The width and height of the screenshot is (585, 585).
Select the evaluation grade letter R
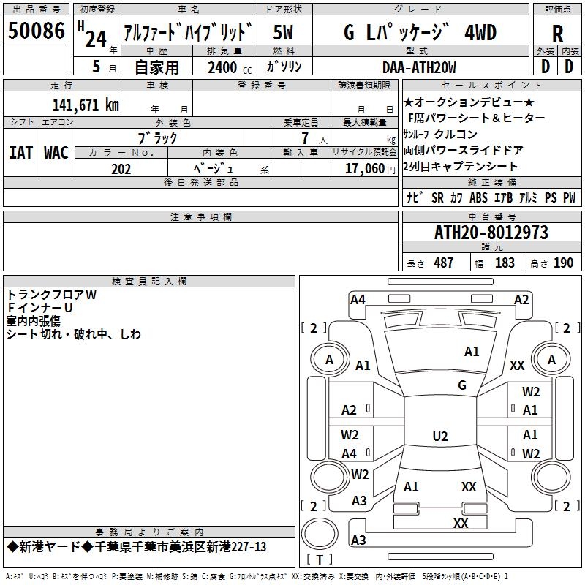[557, 34]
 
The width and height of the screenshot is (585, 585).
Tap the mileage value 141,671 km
[86, 105]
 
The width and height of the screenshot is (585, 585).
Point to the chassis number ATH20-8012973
[491, 233]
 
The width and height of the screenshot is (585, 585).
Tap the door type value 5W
[284, 33]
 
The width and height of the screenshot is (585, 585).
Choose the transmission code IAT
[20, 153]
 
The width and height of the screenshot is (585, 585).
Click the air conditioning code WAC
[56, 153]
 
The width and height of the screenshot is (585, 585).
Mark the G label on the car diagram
[462, 385]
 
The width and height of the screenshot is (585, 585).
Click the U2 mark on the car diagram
[439, 437]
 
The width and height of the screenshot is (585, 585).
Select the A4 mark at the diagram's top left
[358, 299]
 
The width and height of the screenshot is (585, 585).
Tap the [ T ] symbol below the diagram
[319, 560]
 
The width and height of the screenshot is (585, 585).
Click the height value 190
[563, 263]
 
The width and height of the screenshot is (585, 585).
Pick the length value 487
[443, 263]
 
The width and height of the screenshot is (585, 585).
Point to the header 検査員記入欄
[149, 281]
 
